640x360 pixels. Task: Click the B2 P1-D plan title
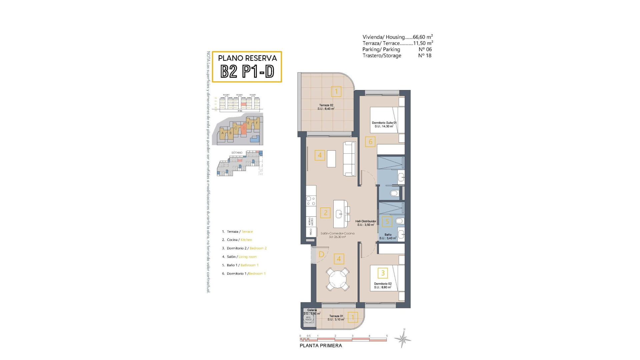247,71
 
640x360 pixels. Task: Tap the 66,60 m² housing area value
423,37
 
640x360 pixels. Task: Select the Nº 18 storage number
425,56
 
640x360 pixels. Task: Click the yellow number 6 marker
370,142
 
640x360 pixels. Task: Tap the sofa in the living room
349,159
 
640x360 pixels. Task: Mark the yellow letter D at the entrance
321,255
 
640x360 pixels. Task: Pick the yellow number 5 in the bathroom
387,221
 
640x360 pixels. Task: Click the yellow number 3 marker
383,273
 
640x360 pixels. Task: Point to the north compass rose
403,339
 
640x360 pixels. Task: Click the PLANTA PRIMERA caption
321,346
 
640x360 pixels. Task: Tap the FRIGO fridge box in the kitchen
311,232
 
